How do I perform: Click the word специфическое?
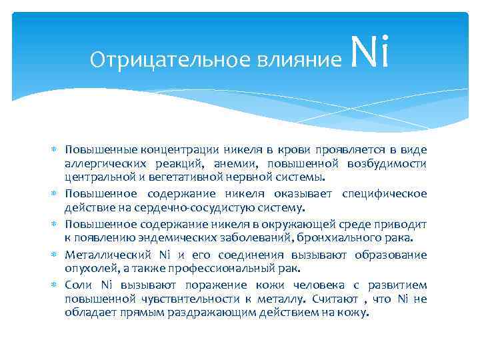[384, 193]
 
